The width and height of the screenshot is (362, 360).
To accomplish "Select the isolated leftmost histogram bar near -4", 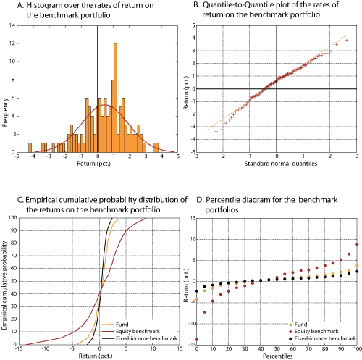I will pyautogui.click(x=30, y=147).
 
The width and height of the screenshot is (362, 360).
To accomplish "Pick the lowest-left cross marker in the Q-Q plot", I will pyautogui.click(x=206, y=143).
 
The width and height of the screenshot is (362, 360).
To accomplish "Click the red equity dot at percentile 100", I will pyautogui.click(x=357, y=245).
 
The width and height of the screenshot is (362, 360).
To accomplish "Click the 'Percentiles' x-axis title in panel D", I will pyautogui.click(x=277, y=356).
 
